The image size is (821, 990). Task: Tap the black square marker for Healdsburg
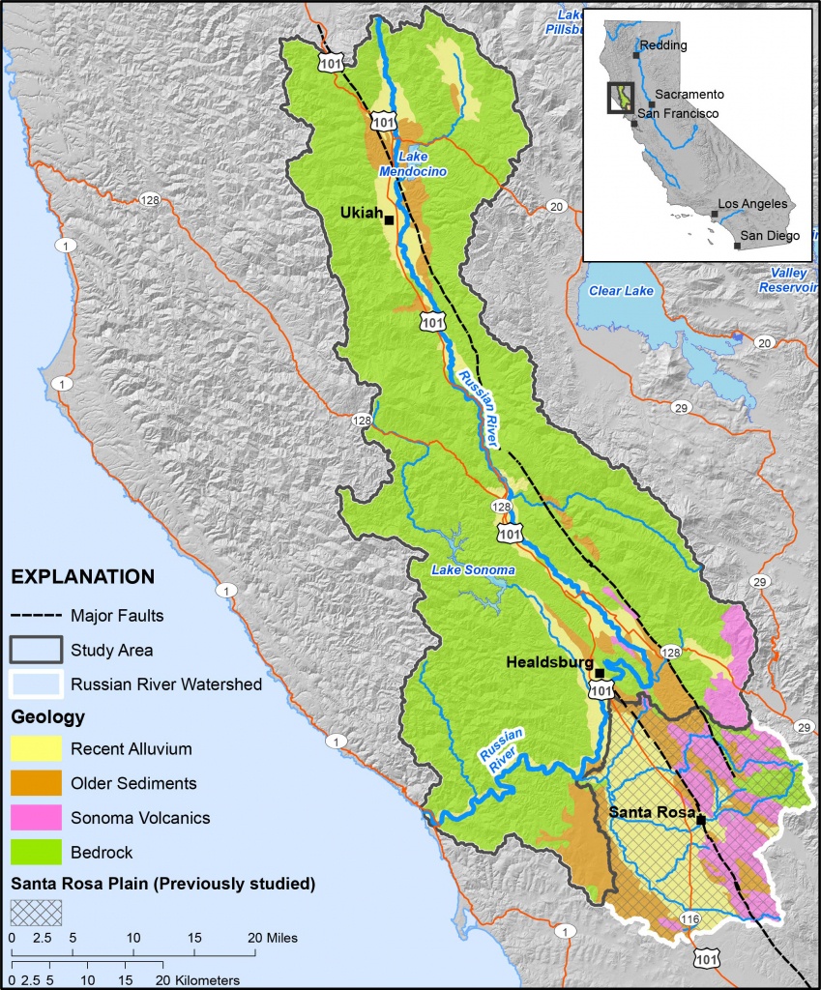coord(600,673)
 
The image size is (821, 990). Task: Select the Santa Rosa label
coord(652,813)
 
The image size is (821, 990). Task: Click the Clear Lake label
coord(622,290)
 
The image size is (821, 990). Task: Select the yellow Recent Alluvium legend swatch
coord(36,748)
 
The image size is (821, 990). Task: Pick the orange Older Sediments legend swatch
coord(36,783)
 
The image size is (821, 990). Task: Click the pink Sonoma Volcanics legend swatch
coord(36,818)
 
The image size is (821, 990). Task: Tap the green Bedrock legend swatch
coord(36,853)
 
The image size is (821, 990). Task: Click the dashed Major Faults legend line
coord(36,615)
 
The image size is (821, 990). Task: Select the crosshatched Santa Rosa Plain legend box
coord(36,912)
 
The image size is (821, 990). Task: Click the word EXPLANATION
coord(82,577)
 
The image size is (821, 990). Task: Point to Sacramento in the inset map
coord(689,95)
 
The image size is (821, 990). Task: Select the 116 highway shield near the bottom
coord(689,918)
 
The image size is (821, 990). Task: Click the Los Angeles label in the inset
coord(752,205)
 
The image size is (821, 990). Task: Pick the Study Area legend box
coord(36,650)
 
